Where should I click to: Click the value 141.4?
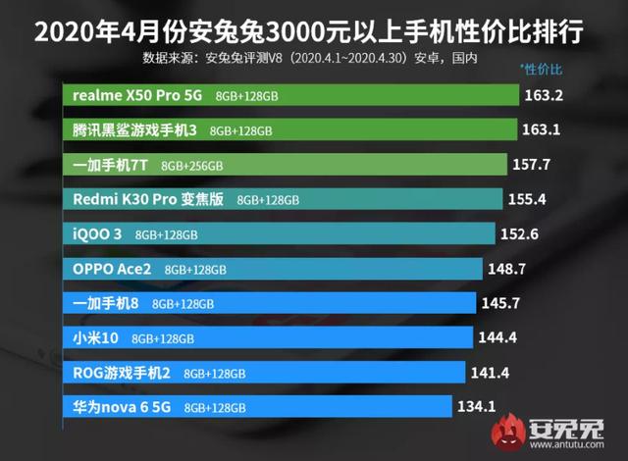(x=490, y=372)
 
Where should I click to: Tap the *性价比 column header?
(x=541, y=70)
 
